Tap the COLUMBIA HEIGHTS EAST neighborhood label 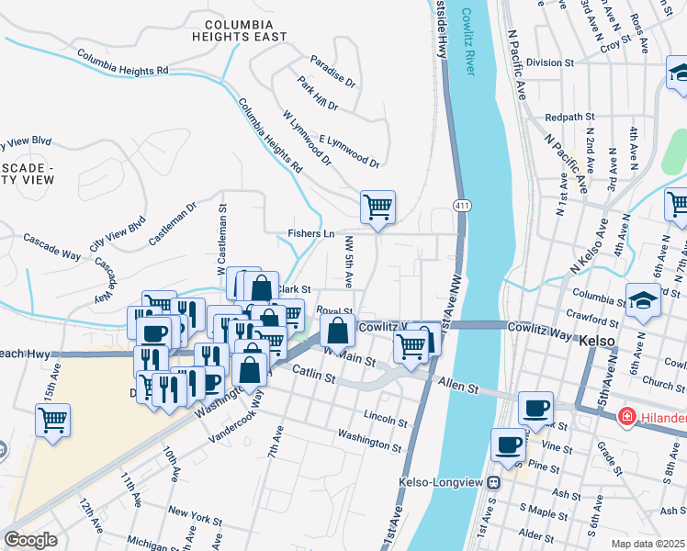(239, 29)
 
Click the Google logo (30, 540)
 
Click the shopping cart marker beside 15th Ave (53, 421)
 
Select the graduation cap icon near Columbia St (642, 298)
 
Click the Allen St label (459, 385)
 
